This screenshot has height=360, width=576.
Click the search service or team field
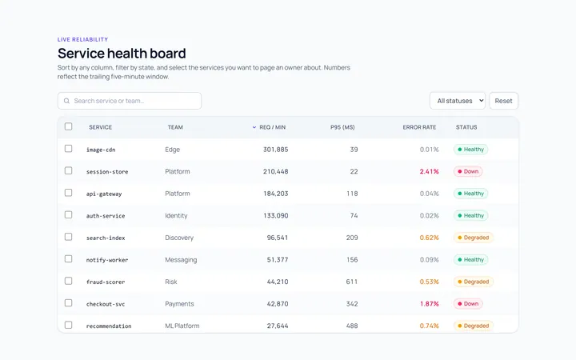point(130,101)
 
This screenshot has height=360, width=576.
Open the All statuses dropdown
point(458,101)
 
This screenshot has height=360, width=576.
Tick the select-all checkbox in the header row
point(68,126)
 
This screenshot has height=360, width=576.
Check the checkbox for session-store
point(68,170)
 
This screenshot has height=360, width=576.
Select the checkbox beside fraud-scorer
point(68,281)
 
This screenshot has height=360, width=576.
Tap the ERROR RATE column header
point(419,127)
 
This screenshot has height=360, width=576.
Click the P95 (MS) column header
point(342,127)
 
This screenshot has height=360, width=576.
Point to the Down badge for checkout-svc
point(468,304)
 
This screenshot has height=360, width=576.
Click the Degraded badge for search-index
point(473,238)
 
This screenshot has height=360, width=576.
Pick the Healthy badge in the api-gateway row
point(470,194)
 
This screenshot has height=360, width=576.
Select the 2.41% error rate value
point(429,171)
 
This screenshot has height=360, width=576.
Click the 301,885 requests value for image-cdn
point(275,150)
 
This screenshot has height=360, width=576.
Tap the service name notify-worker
point(107,260)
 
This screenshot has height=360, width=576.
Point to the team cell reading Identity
point(176,216)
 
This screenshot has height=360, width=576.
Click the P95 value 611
point(351,282)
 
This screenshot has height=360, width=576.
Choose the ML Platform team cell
point(182,326)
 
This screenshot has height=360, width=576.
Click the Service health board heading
point(122,54)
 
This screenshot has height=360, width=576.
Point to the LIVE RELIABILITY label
point(82,39)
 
